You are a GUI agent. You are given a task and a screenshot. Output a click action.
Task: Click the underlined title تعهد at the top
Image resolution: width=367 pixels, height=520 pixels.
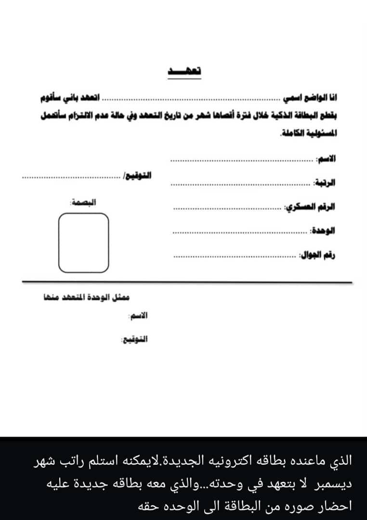pyautogui.click(x=184, y=70)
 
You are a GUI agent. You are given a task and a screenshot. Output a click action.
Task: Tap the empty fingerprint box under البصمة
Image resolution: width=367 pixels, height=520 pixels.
pyautogui.click(x=83, y=242)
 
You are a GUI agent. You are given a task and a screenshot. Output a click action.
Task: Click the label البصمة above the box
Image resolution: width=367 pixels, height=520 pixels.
pyautogui.click(x=83, y=202)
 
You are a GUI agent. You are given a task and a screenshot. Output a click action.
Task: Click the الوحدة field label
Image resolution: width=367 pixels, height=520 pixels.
pyautogui.click(x=323, y=230)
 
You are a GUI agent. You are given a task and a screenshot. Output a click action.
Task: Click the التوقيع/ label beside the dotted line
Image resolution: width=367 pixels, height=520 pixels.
pyautogui.click(x=138, y=176)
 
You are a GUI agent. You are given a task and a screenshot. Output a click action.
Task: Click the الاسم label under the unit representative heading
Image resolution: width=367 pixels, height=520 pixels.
pyautogui.click(x=138, y=316)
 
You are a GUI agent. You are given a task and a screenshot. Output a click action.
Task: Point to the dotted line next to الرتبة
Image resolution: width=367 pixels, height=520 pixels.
pyautogui.click(x=241, y=184)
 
